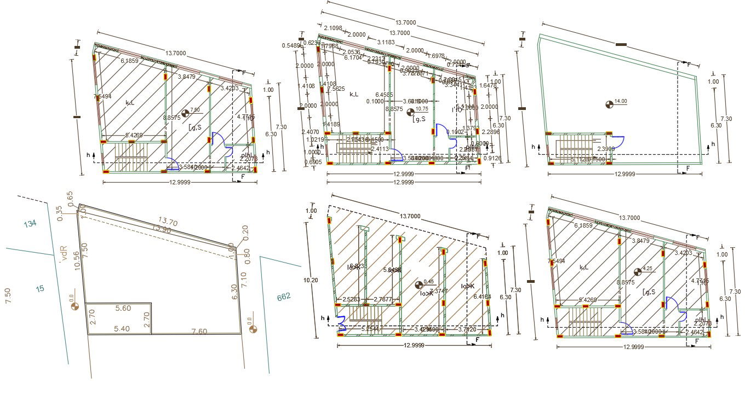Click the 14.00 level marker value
tap(621, 101)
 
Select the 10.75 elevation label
tap(422, 109)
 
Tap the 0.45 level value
tap(428, 282)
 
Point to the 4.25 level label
tap(647, 269)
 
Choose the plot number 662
tap(284, 297)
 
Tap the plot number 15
tap(40, 288)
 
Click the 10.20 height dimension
tap(310, 279)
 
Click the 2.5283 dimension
tap(352, 299)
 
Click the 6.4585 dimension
tap(384, 95)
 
